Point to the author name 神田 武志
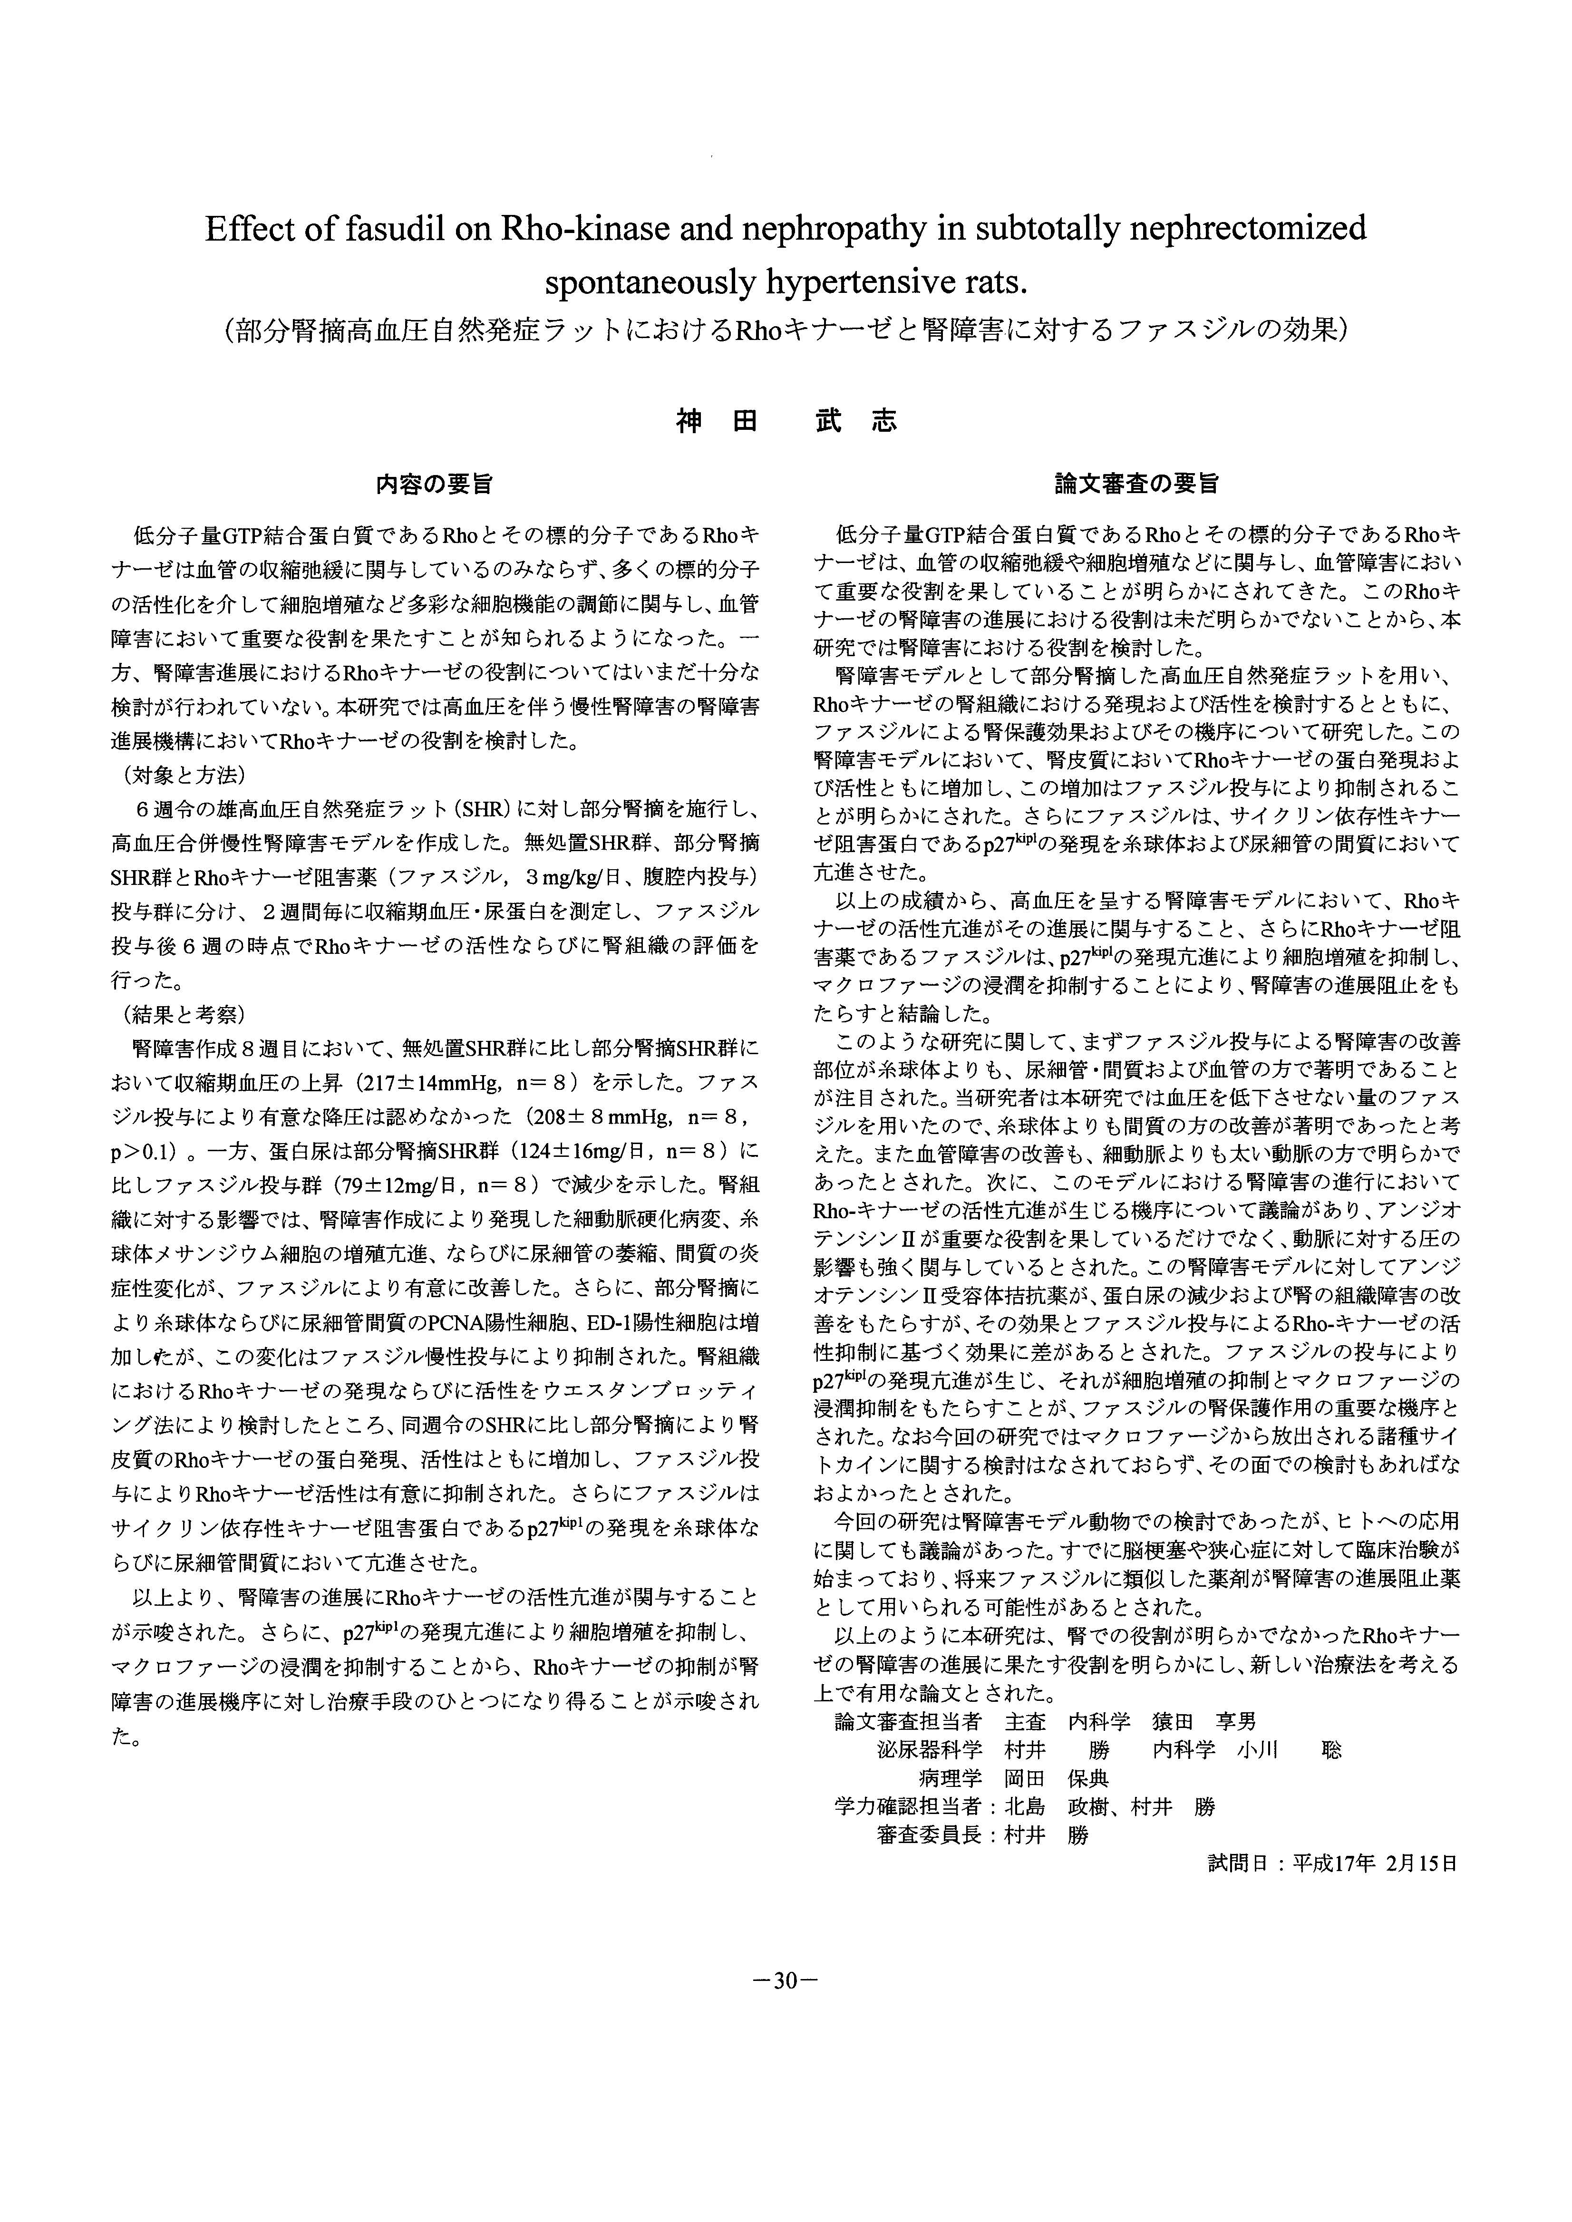[x=786, y=421]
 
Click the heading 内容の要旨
[x=435, y=484]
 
